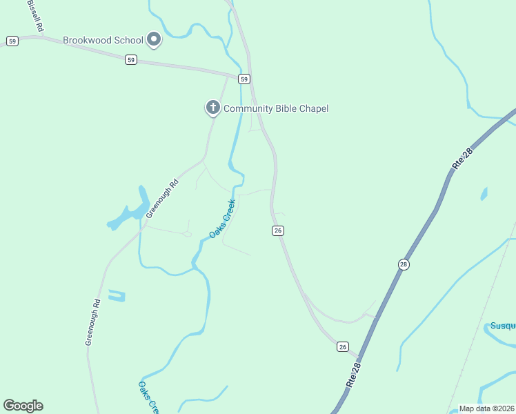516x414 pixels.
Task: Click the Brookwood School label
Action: tap(103, 40)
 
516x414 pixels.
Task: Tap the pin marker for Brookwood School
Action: tap(155, 40)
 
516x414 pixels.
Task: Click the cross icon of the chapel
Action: tap(213, 108)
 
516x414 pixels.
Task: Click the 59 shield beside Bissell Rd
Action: tap(12, 41)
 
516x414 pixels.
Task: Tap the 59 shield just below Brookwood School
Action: tap(131, 60)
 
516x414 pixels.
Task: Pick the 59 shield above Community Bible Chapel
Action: tap(244, 79)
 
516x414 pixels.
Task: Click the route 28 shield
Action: tap(404, 264)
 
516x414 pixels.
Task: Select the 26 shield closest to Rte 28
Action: tap(343, 346)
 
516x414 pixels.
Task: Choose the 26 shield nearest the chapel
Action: tap(277, 230)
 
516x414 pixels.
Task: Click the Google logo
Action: tap(23, 406)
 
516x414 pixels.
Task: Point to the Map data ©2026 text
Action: tap(486, 408)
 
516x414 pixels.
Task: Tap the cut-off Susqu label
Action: tap(502, 326)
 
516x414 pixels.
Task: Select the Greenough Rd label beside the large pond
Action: tap(163, 199)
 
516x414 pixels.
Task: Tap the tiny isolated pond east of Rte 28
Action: tap(484, 194)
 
